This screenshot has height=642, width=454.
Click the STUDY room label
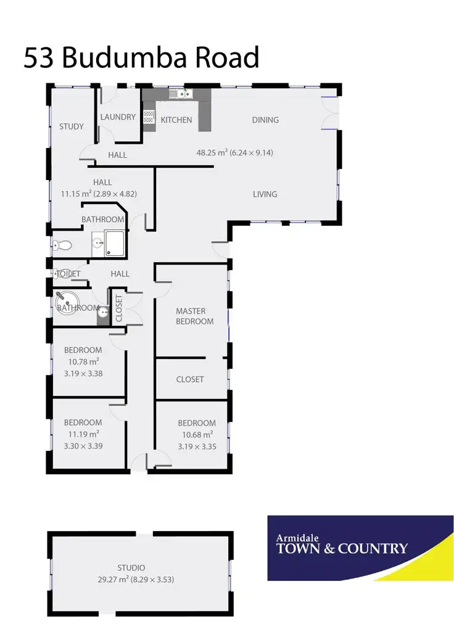click(x=72, y=126)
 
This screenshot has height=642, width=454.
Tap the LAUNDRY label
click(x=117, y=117)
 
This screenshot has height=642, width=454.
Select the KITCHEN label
click(x=176, y=120)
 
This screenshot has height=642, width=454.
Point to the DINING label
click(x=265, y=120)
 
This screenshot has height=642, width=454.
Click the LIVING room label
click(x=265, y=194)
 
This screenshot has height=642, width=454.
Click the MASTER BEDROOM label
click(x=194, y=316)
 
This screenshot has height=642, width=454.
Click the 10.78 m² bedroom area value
click(x=83, y=361)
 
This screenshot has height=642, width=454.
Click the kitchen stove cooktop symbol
click(x=149, y=117)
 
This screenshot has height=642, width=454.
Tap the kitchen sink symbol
click(x=183, y=94)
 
